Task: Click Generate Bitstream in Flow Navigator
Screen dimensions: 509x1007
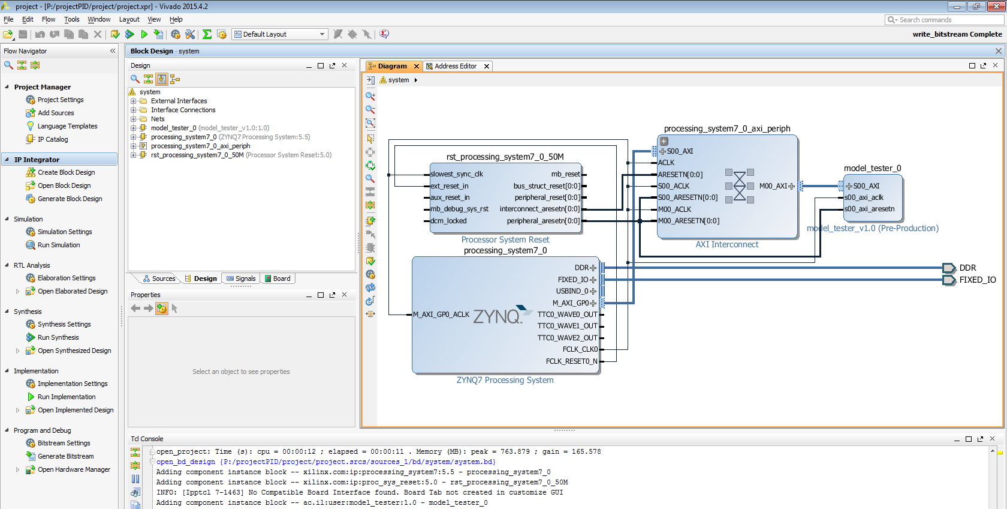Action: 65,456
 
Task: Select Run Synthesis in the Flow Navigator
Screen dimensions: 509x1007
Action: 58,337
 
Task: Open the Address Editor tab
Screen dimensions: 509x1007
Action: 456,66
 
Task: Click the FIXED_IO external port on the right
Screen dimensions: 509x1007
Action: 977,280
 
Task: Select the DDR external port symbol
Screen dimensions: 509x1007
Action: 949,268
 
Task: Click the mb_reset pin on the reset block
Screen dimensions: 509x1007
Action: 565,174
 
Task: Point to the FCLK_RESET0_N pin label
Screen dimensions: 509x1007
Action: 571,361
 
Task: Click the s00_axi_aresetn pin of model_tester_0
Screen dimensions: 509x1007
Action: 869,209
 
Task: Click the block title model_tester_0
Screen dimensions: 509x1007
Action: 872,168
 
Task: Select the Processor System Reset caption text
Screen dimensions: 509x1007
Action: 505,239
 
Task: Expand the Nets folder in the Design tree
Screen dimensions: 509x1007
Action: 133,119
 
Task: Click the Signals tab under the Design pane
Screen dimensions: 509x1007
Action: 241,279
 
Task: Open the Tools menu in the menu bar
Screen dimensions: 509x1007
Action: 71,19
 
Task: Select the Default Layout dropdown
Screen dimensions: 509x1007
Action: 279,34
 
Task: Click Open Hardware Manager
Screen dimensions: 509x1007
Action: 74,469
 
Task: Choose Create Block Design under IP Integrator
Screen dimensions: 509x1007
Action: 66,172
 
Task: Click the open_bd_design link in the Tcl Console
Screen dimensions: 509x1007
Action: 185,462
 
